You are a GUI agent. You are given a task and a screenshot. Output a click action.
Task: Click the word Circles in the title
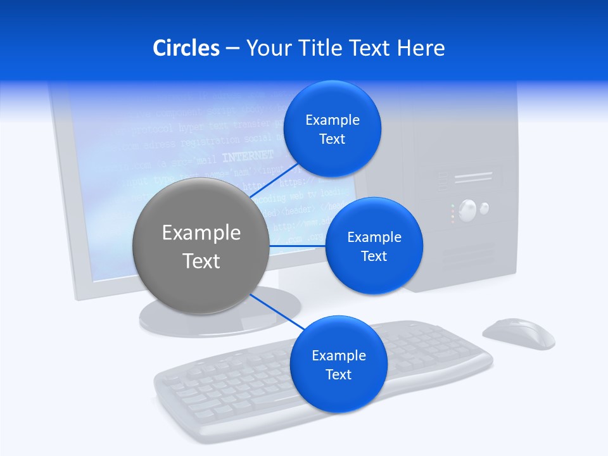point(186,48)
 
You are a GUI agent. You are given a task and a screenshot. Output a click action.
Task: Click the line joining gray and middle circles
point(297,246)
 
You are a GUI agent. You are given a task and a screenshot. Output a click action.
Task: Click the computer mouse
point(519,333)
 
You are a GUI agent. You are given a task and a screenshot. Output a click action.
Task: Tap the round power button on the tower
point(467,210)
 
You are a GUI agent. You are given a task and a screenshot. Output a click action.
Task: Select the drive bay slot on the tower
point(473,178)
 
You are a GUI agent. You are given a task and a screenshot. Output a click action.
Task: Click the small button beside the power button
point(484,207)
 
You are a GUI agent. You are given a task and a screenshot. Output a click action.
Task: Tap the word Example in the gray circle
point(201,233)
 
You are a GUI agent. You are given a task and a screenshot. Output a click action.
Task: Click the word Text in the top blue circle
point(332,139)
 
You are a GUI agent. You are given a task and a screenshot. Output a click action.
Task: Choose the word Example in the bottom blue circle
point(338,356)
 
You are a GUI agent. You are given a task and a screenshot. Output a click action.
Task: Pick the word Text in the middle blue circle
point(374,256)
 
